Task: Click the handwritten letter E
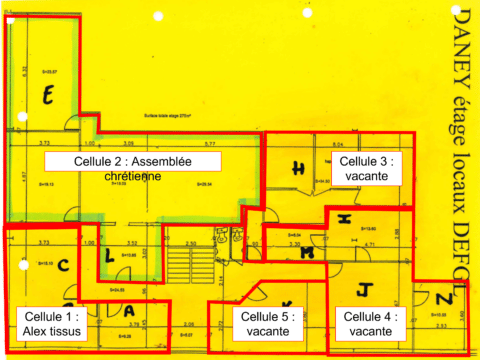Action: pos(46,96)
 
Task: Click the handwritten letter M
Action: pos(308,253)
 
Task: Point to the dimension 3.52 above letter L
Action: pos(130,243)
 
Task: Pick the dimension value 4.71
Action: pos(369,243)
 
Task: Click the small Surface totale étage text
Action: pos(166,115)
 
